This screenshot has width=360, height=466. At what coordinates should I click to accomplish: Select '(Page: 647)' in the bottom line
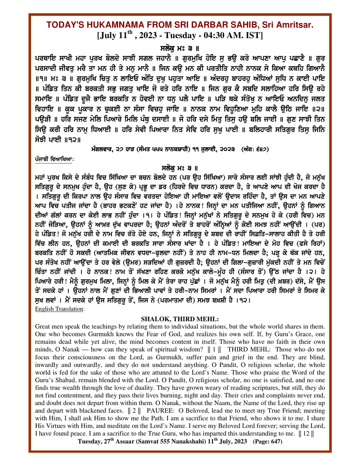pos(267,442)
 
